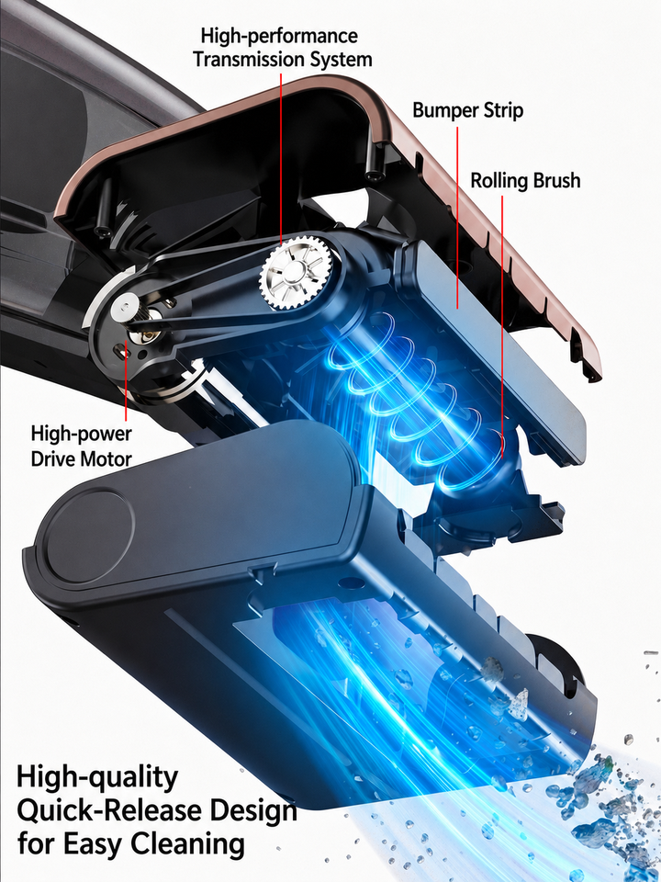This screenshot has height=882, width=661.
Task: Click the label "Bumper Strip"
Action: pos(467,109)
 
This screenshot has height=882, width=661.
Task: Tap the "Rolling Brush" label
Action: pos(525,181)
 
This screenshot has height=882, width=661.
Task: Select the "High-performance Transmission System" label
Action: pos(282,47)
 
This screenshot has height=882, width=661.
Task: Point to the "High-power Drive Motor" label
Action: pos(81,447)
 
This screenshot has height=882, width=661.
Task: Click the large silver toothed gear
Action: pos(296,273)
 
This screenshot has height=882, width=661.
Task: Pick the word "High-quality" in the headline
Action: pos(96,778)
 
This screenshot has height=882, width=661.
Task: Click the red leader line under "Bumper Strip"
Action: pos(457,217)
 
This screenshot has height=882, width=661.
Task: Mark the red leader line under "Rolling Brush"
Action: pos(502,327)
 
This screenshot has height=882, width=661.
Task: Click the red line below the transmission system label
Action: pos(281,158)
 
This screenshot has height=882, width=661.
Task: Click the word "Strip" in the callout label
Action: pos(502,110)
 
